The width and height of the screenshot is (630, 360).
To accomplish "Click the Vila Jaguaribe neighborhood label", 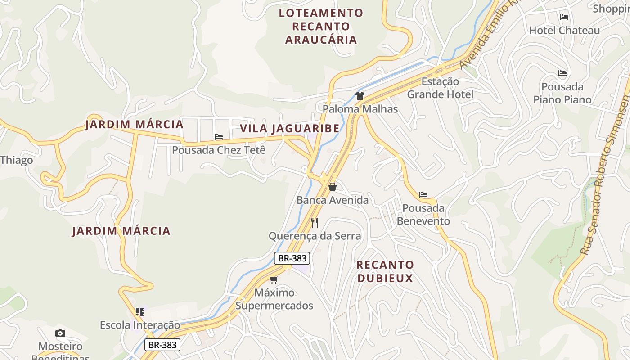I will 289,128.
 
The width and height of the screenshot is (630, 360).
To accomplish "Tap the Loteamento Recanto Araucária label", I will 321,26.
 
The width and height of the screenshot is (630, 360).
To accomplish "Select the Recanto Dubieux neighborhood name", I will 385,271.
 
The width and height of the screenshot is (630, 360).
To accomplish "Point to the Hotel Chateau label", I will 564,31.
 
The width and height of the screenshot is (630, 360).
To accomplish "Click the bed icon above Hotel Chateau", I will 564,18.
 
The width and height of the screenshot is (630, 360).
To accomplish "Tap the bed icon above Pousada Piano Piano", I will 562,73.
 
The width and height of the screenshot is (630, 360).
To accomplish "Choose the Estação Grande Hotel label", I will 440,88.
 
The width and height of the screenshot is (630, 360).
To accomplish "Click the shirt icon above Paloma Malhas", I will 360,96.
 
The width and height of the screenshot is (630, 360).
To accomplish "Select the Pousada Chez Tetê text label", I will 219,150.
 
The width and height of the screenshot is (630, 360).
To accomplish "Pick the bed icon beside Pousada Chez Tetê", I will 219,137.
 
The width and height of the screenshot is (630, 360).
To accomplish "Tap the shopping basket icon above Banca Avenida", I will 333,187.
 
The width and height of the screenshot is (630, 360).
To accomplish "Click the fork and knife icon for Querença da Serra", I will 315,223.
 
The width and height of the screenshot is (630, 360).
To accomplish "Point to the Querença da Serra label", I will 315,236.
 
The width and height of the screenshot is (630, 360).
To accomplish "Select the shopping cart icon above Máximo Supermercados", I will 274,279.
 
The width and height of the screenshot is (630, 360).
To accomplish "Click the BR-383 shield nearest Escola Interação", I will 162,345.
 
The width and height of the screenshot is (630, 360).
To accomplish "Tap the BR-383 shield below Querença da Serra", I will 292,258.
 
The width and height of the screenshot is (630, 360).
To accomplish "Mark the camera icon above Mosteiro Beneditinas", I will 60,333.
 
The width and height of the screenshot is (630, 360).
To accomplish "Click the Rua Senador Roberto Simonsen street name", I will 605,175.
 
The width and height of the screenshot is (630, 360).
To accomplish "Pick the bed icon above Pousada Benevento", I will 423,195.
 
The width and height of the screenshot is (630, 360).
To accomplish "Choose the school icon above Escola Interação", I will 140,311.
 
